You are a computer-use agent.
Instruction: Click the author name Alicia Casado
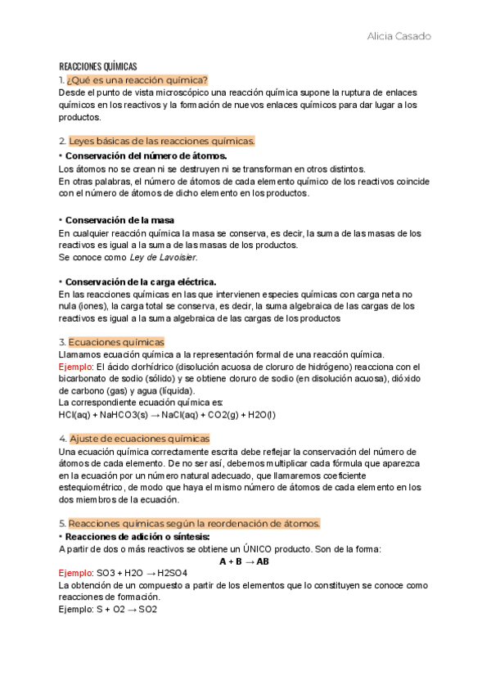coord(399,37)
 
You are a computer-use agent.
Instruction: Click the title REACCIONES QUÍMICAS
coord(97,66)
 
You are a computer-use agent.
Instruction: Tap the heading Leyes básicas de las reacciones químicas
coord(162,141)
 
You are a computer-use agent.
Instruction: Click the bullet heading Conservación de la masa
coord(119,220)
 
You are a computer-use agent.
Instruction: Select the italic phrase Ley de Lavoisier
coord(164,257)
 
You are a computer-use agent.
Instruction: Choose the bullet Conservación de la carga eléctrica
coord(140,282)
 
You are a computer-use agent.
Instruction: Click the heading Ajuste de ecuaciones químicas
coord(139,439)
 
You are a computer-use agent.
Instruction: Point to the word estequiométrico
coord(92,488)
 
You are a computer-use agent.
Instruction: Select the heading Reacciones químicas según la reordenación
coord(194,523)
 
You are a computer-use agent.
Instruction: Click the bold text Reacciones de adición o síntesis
coord(137,536)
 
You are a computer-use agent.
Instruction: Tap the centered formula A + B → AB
coord(245,561)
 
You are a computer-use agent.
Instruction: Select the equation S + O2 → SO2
coord(126,610)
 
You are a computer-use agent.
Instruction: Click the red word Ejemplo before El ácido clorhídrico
coord(75,366)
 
